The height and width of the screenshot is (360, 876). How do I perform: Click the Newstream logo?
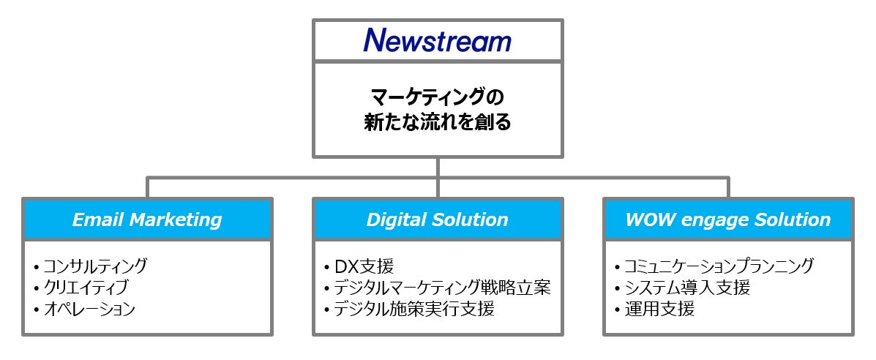point(437,40)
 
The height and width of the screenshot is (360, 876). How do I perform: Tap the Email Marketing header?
point(147,219)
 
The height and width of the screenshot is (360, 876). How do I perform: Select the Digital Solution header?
point(438,219)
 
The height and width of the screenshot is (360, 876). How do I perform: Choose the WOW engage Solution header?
point(728,219)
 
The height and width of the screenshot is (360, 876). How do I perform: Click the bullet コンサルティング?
point(94,266)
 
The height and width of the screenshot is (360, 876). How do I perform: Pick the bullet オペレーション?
point(89,309)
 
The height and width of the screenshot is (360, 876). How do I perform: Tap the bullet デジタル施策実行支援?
point(414,309)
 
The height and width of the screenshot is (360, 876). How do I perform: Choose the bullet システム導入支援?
point(686,287)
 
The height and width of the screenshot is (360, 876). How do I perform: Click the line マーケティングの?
point(438,97)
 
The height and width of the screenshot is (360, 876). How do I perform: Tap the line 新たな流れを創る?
point(438,122)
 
